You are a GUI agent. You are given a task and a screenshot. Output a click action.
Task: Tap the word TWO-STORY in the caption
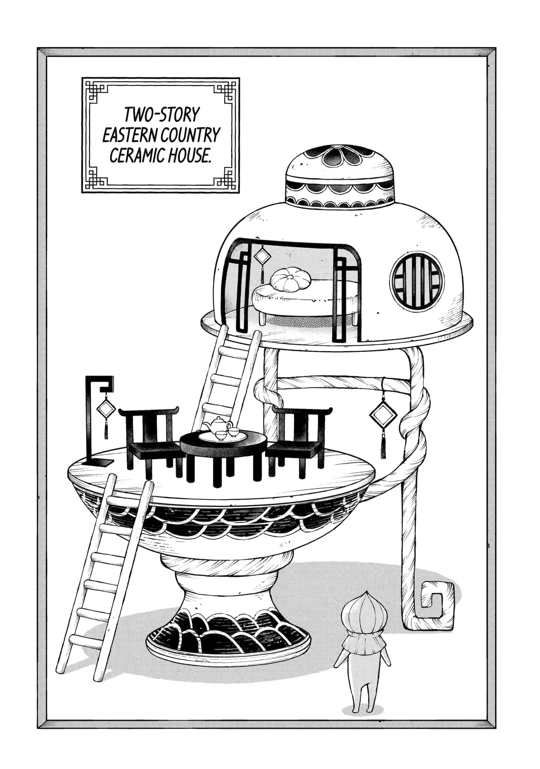[x=162, y=115]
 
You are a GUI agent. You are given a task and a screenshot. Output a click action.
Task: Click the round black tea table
[x=223, y=457]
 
